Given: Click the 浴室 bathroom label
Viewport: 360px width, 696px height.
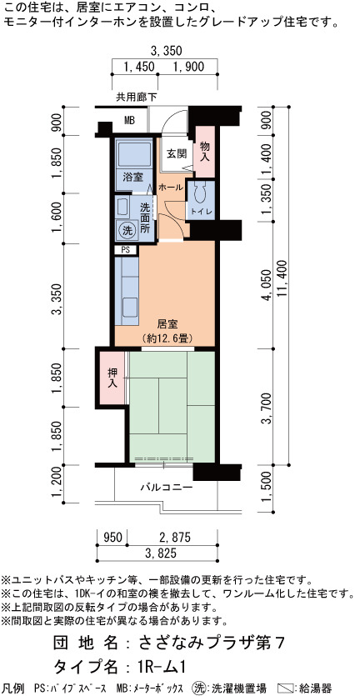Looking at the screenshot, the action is (132, 177).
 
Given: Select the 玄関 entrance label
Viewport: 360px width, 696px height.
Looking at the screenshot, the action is (176, 153).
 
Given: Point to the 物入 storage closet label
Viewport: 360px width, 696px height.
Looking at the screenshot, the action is (204, 152).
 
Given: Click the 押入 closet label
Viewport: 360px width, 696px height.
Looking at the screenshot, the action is (112, 378).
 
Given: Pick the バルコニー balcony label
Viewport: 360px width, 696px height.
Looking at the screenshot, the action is (167, 488).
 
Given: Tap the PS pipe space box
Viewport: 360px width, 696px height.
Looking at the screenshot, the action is (126, 250).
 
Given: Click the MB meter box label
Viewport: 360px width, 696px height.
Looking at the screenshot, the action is (129, 120).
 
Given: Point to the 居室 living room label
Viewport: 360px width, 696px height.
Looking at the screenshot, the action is (167, 325).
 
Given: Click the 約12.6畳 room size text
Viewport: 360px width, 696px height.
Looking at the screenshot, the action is (167, 338).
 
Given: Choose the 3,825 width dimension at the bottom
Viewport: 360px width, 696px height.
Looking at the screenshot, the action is (157, 553).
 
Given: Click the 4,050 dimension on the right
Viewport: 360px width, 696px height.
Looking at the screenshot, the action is (267, 284).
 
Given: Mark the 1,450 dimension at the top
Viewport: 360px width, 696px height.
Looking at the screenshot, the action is (139, 67).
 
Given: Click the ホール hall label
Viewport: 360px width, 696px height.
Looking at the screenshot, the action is (171, 188).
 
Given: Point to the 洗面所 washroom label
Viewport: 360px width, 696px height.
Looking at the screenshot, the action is (145, 218).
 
